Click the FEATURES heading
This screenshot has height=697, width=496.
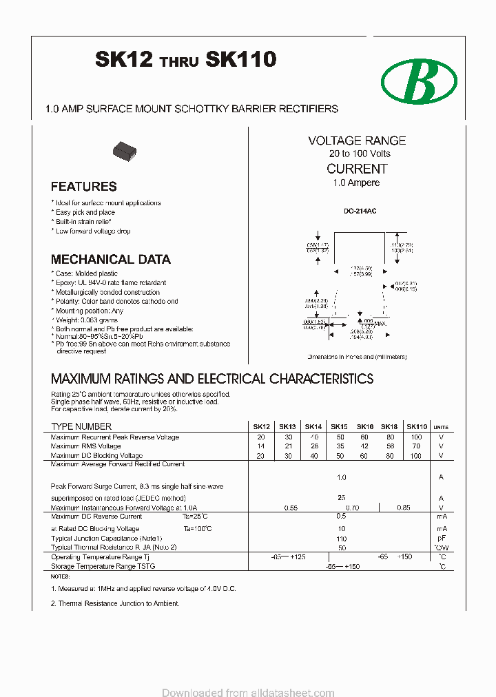pos(83,187)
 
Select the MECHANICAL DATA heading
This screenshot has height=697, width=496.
pos(110,260)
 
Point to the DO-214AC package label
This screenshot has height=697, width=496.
pos(356,211)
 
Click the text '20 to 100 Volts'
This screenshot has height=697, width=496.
pos(359,154)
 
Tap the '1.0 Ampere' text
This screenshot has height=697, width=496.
pos(356,183)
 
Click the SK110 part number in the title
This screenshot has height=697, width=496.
pos(240,61)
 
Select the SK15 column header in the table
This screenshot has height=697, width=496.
pos(339,427)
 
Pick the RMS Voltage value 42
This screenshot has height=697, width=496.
pos(364,446)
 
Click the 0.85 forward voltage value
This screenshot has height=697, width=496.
pos(404,508)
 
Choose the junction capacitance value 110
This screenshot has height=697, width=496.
pos(341,539)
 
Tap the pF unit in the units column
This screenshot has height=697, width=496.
pos(442,539)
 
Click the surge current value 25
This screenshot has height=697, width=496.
pos(341,497)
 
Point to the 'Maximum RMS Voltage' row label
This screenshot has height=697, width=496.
pos(85,446)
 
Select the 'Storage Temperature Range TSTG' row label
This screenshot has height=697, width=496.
pos(103,566)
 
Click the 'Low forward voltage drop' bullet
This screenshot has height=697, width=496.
pos(92,231)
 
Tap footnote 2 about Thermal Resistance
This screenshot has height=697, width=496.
pos(115,603)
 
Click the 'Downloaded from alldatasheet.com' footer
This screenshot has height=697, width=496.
pos(248,692)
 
